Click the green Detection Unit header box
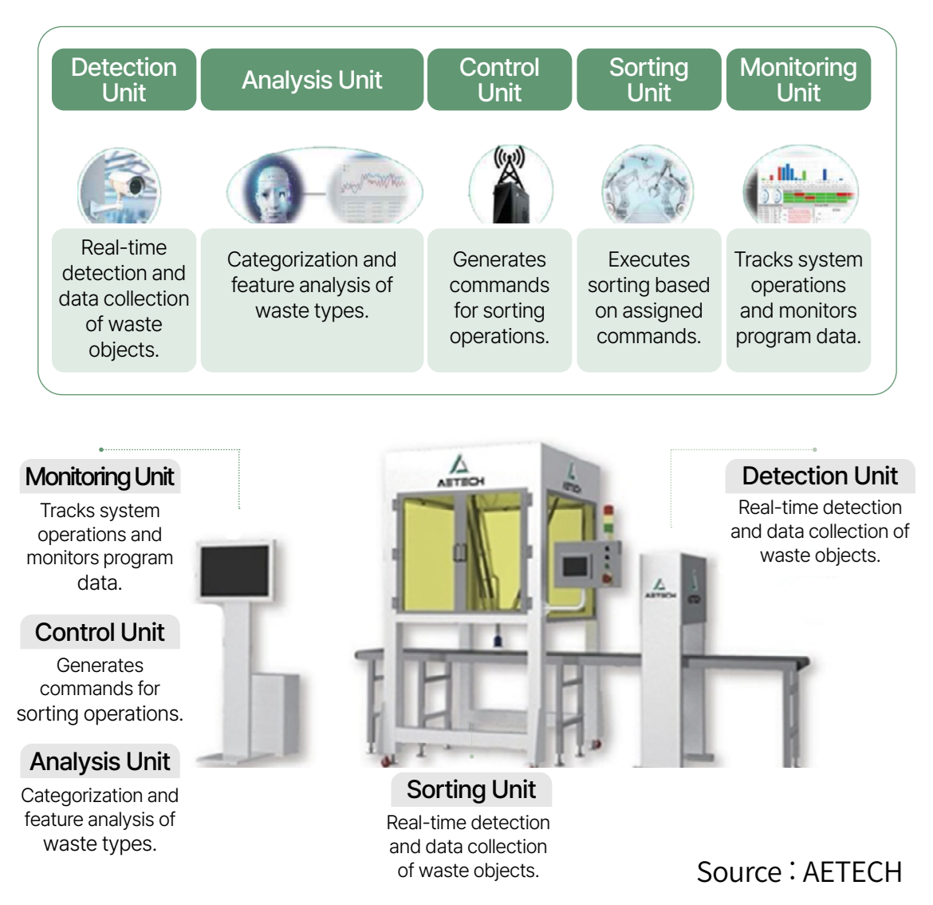pyautogui.click(x=124, y=80)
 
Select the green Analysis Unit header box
pyautogui.click(x=312, y=80)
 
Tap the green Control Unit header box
pyautogui.click(x=499, y=80)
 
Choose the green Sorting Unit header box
pyautogui.click(x=648, y=80)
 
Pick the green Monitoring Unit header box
pyautogui.click(x=798, y=80)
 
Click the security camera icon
pyautogui.click(x=120, y=187)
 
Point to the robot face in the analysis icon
pyautogui.click(x=274, y=190)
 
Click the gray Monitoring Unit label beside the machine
pyautogui.click(x=100, y=477)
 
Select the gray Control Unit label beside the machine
pyautogui.click(x=100, y=632)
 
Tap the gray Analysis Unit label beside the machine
pyautogui.click(x=100, y=762)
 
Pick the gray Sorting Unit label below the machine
pyautogui.click(x=470, y=790)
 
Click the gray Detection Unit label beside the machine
pyautogui.click(x=820, y=476)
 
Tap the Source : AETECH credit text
pyautogui.click(x=799, y=872)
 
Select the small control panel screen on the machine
pyautogui.click(x=576, y=566)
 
